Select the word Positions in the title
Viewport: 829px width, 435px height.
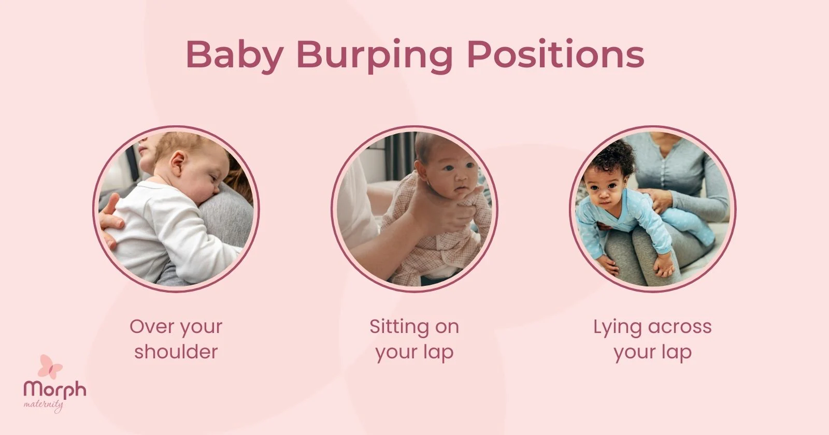pyautogui.click(x=555, y=54)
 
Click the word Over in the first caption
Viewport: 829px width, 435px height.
pyautogui.click(x=150, y=327)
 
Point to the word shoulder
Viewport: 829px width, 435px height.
pyautogui.click(x=176, y=352)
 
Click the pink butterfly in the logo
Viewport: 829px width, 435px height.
pyautogui.click(x=50, y=367)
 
